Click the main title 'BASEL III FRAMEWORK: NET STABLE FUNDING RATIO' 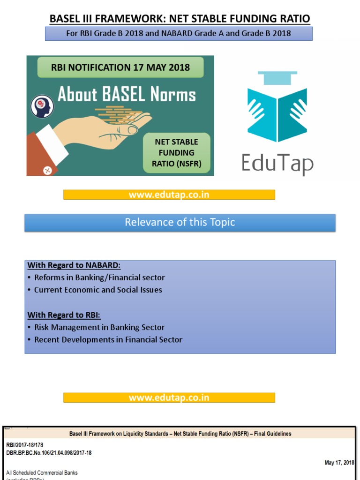click(x=180, y=19)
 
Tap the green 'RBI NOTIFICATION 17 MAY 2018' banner click(x=120, y=67)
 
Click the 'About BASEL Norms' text click(x=127, y=95)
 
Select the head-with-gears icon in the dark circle click(x=42, y=107)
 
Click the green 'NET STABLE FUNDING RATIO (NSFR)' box click(x=176, y=153)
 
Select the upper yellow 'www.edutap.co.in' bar click(x=169, y=195)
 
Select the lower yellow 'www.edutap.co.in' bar click(x=169, y=397)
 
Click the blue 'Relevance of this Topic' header click(x=180, y=222)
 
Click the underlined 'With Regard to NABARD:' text click(x=74, y=265)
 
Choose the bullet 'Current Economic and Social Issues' click(x=98, y=290)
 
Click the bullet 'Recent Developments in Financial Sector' click(x=108, y=339)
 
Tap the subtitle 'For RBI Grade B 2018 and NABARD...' click(x=178, y=33)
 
